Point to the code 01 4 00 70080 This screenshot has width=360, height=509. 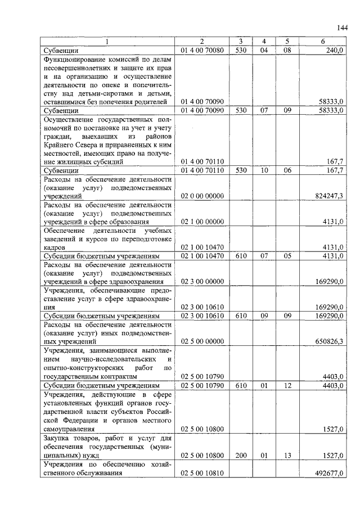click(202, 50)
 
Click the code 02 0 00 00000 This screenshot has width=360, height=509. click(202, 196)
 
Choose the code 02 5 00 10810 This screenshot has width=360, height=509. click(202, 474)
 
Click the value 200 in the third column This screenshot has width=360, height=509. click(241, 455)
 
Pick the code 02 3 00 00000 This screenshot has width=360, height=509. click(202, 281)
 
